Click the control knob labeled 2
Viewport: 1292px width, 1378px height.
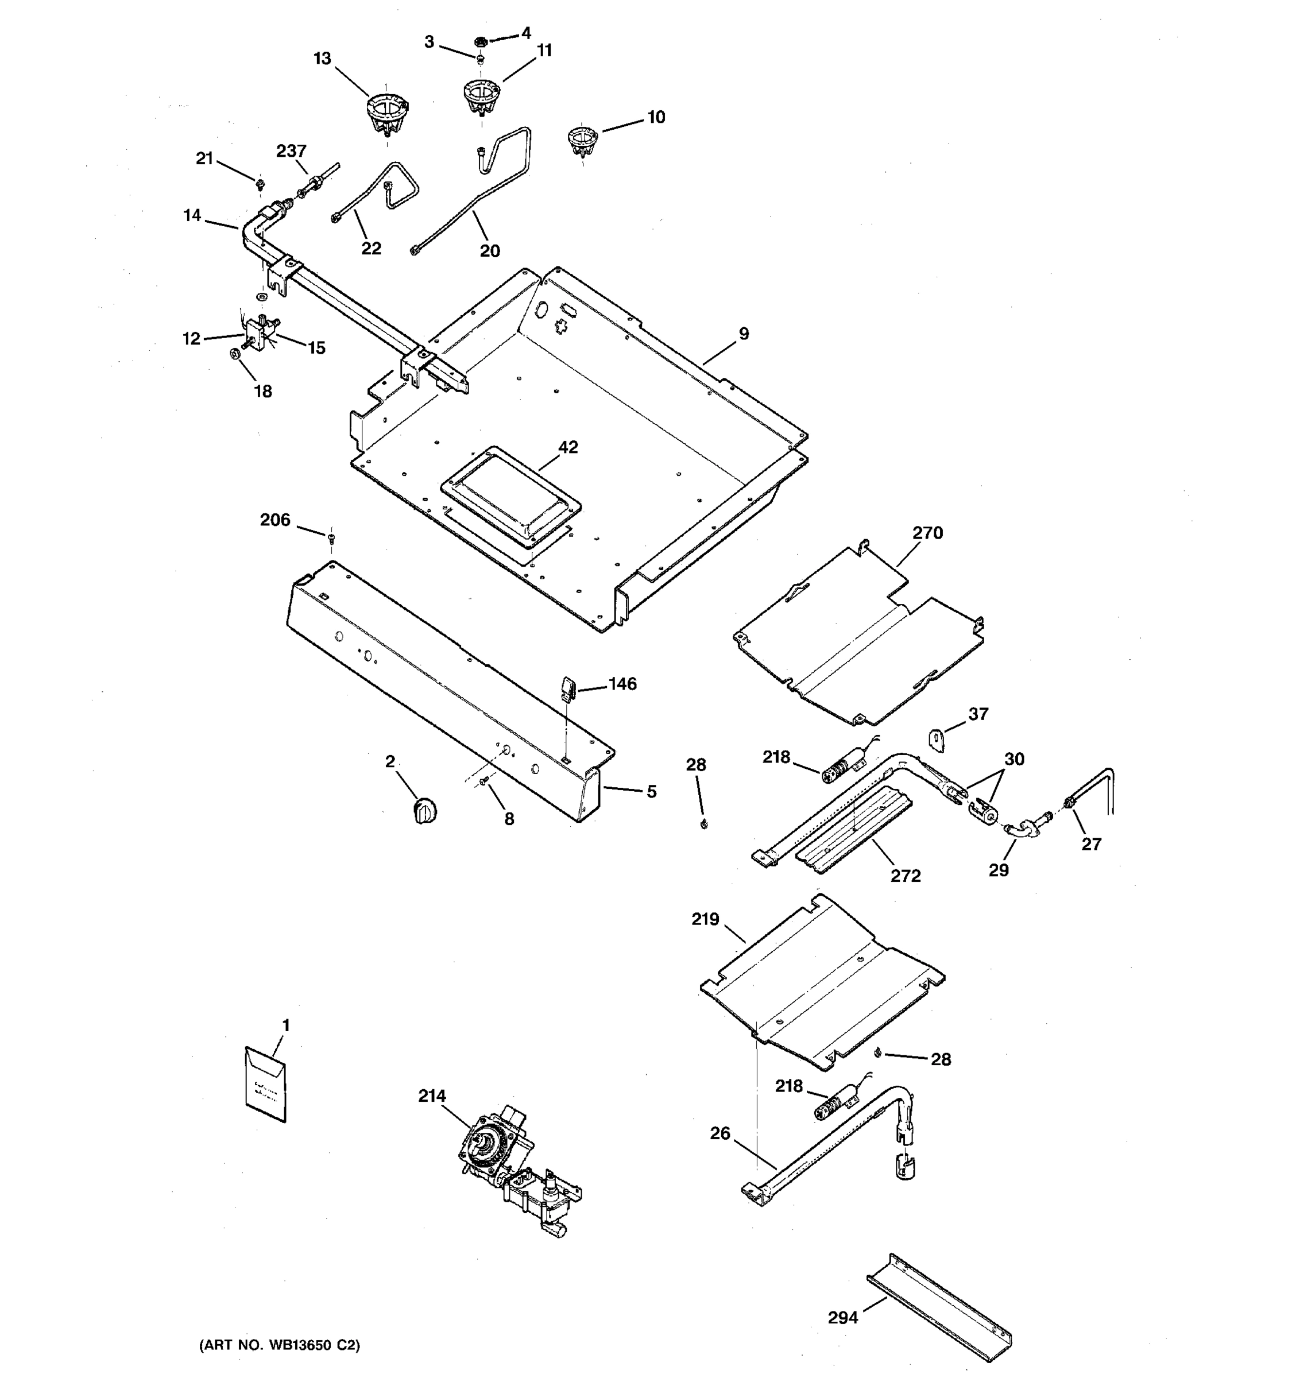coord(424,810)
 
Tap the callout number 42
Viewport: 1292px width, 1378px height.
coord(568,447)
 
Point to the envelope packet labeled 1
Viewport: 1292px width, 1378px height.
coord(265,1085)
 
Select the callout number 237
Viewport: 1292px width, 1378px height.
coord(291,150)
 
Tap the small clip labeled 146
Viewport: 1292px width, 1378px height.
coord(567,690)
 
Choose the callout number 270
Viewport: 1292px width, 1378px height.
coord(927,533)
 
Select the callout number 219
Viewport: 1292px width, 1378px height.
coord(705,919)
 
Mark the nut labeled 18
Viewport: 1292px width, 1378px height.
coord(235,354)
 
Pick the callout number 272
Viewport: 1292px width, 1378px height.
coord(905,876)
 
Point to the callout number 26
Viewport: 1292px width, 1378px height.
coord(720,1133)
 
